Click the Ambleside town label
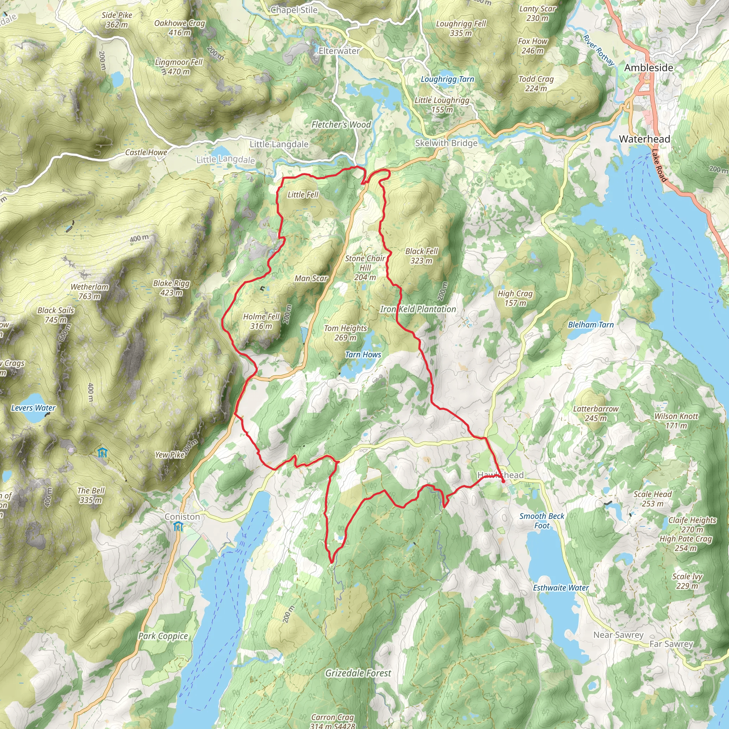click(649, 68)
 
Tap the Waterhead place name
click(645, 139)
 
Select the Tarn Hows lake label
click(363, 355)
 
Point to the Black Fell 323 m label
click(421, 256)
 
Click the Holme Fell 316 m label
click(261, 321)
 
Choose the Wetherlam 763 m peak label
click(89, 292)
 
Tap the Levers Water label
click(33, 408)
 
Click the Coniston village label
click(182, 516)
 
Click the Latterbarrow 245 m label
click(596, 414)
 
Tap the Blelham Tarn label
click(591, 325)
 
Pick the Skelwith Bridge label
click(446, 143)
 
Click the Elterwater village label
click(339, 51)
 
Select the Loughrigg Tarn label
click(447, 79)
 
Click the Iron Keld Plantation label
click(418, 309)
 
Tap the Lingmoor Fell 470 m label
click(179, 67)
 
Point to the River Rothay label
click(598, 50)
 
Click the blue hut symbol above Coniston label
click(178, 527)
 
